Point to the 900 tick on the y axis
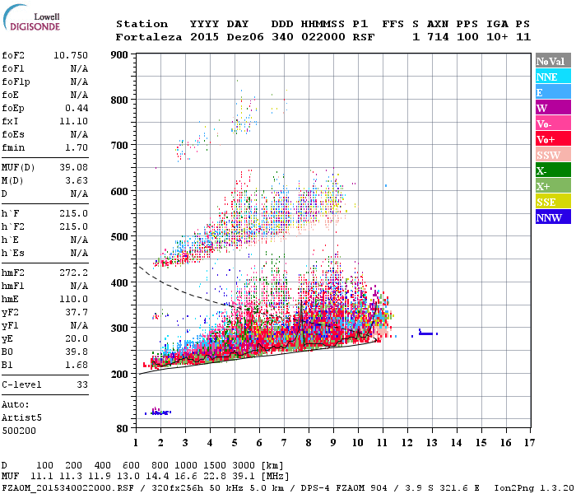coord(121,55)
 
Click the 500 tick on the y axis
coord(121,237)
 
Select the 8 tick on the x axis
coord(309,443)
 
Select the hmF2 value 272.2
coord(74,271)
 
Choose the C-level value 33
coord(82,384)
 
